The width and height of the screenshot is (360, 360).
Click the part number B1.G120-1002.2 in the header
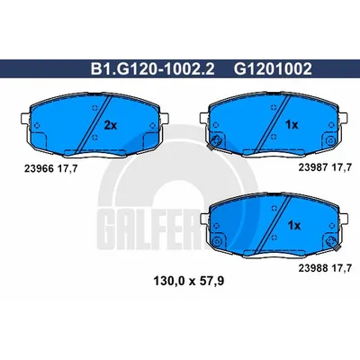153,69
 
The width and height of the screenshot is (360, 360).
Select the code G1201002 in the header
273,69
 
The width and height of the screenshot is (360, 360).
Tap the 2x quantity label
110,125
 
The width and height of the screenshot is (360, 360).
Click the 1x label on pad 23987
292,125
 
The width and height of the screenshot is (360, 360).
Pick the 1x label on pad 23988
293,225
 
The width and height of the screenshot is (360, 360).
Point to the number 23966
39,169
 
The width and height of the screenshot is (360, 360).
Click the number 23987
313,167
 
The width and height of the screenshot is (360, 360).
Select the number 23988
313,268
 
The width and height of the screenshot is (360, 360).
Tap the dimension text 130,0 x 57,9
189,282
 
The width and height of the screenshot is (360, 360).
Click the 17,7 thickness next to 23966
67,169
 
